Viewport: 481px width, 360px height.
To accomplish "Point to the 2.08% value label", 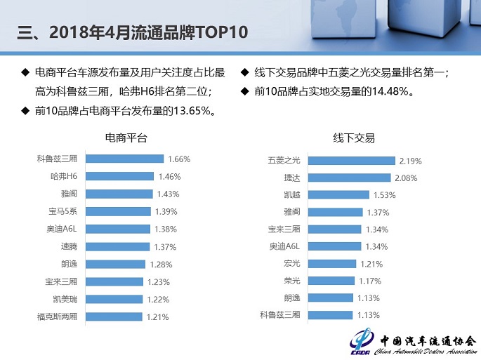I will click(407, 178).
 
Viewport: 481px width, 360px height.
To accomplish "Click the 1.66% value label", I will click(179, 159).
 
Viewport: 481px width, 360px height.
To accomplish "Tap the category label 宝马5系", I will click(67, 212).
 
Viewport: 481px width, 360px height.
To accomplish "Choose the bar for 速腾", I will click(117, 247).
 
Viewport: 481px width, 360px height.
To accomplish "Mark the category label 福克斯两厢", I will click(62, 317).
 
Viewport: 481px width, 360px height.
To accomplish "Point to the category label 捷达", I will click(291, 178).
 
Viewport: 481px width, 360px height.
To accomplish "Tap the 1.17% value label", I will click(370, 281).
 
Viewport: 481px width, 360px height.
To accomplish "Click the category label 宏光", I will click(291, 264).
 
